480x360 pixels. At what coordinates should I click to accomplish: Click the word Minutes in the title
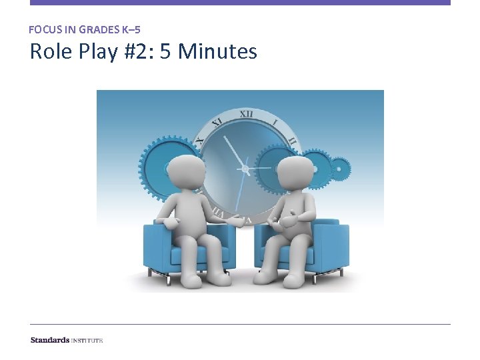click(217, 51)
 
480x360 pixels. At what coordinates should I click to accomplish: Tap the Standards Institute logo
click(67, 340)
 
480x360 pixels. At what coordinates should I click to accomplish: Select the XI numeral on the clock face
click(217, 123)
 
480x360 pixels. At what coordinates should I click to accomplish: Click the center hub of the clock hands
click(245, 171)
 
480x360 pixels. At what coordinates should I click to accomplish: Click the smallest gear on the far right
click(340, 169)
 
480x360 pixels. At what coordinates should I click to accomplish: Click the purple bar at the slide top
click(240, 3)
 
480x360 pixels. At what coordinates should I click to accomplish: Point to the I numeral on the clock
click(275, 123)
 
